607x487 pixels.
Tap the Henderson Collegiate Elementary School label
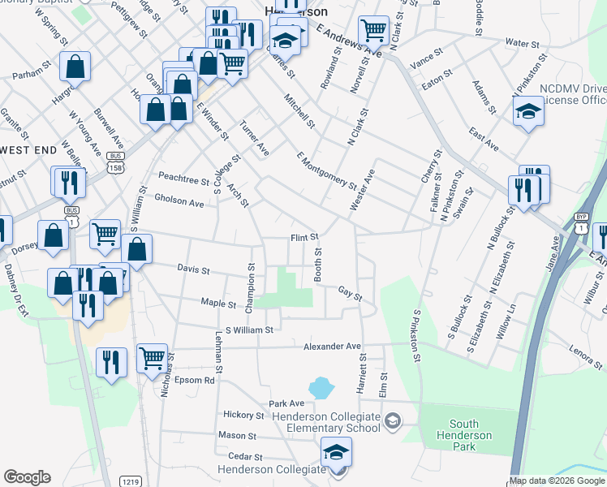[x=326, y=422]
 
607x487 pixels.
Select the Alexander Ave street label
[x=332, y=347]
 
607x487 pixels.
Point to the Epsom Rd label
[x=198, y=380]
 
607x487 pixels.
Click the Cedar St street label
[x=247, y=457]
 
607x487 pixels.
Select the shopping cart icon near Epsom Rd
[x=152, y=359]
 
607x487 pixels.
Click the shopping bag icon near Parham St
[x=75, y=67]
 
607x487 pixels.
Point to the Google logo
[x=27, y=477]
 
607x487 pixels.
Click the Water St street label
[x=522, y=43]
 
